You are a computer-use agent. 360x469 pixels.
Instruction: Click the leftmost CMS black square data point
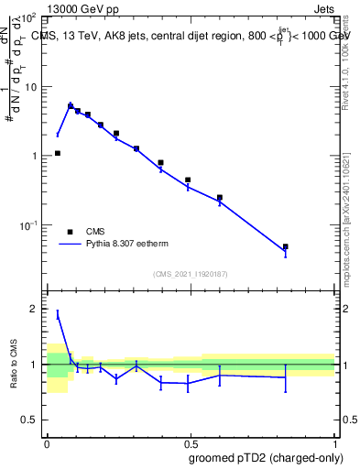58,153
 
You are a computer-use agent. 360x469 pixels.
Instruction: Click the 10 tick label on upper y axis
33,87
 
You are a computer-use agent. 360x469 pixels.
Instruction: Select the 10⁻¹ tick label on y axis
29,224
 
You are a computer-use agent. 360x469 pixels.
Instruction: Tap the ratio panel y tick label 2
37,309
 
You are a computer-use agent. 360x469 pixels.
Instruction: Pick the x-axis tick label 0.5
191,442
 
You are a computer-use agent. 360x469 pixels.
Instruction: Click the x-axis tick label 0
48,442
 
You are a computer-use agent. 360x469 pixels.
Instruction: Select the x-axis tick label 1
335,442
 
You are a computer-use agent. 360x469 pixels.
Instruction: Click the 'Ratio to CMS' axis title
12,364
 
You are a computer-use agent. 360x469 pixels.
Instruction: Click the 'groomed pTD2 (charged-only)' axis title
266,458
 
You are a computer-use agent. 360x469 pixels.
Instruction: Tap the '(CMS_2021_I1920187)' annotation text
190,273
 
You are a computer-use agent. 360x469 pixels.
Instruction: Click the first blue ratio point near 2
58,314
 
